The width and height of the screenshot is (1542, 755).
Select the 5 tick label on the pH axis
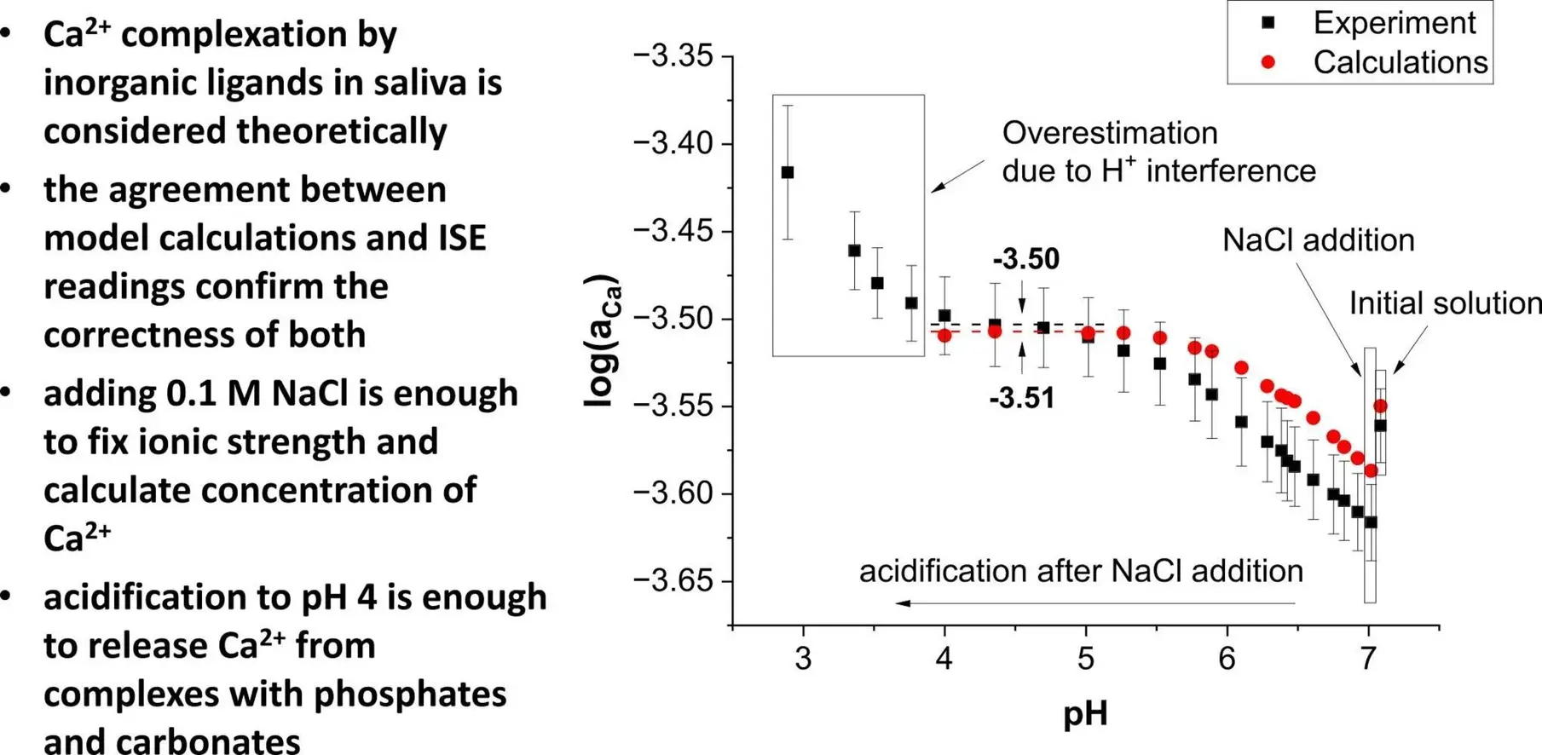click(1086, 659)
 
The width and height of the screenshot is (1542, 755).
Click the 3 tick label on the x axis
click(803, 659)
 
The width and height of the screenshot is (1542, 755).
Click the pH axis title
click(1085, 713)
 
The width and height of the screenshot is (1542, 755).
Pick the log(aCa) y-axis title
click(602, 341)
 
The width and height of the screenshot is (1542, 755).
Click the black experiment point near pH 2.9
click(788, 172)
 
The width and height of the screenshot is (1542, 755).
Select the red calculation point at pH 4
click(944, 336)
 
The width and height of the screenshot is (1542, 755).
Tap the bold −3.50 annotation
click(1025, 259)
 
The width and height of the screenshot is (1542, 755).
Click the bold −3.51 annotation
click(1021, 398)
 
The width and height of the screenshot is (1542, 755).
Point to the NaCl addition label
click(1318, 240)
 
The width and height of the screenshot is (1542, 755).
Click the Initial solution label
click(1445, 303)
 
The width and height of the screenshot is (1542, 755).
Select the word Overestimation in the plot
click(1109, 134)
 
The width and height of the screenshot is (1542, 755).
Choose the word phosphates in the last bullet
click(410, 694)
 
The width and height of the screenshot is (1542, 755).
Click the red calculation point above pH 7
click(1381, 406)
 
